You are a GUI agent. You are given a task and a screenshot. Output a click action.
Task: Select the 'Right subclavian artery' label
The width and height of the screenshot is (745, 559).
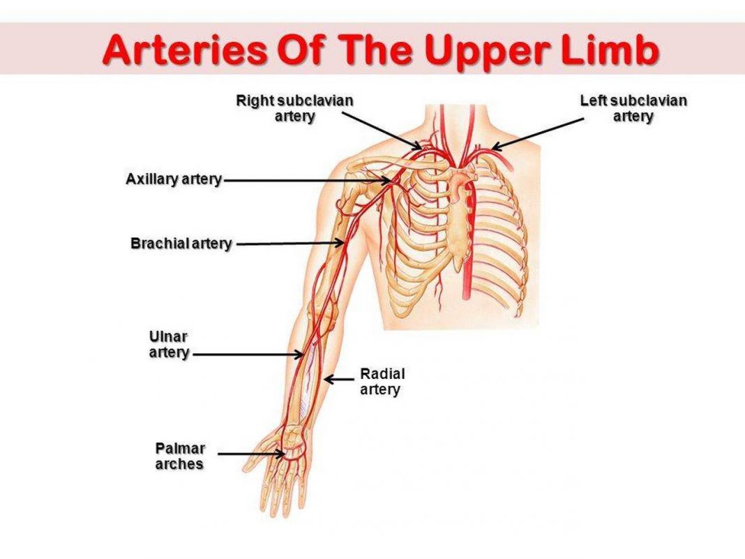pos(294,108)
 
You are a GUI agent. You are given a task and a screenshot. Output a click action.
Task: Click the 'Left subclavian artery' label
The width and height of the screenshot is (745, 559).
pos(633,108)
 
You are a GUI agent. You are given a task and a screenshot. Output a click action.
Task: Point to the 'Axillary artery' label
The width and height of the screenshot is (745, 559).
pos(174,179)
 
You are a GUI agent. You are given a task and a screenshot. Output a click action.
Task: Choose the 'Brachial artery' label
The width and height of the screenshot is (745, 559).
pos(181,244)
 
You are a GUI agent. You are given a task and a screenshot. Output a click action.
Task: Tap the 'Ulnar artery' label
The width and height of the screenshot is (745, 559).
pos(169,345)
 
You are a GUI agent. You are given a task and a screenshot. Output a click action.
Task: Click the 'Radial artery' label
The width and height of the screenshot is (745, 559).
pos(382,381)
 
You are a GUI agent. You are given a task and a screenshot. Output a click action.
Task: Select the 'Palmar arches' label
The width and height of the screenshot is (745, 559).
pos(180,456)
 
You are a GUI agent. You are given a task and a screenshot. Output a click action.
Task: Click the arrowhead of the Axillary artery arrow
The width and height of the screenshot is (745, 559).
pos(388,181)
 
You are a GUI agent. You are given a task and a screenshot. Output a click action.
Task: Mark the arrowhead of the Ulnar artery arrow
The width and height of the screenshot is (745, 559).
pos(299,354)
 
